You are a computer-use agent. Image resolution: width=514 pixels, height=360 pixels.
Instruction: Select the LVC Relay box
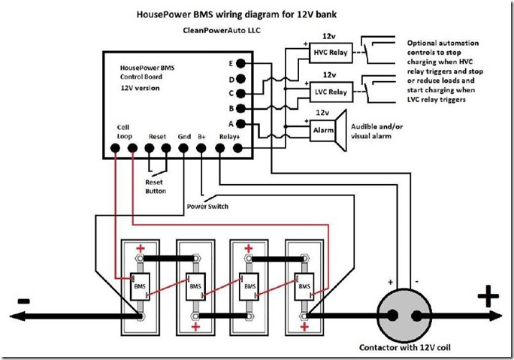tap(328, 92)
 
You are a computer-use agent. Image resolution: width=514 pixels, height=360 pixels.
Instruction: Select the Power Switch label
tap(207, 206)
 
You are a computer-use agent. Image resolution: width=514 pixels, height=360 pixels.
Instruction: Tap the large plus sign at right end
tap(488, 297)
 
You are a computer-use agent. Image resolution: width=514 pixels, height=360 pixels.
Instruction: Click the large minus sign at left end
tap(23, 301)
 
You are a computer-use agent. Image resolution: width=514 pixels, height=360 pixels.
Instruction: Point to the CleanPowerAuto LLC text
tap(222, 31)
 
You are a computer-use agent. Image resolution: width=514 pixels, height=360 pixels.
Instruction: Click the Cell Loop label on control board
tap(124, 132)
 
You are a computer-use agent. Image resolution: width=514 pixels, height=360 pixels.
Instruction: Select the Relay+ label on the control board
tap(228, 137)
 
